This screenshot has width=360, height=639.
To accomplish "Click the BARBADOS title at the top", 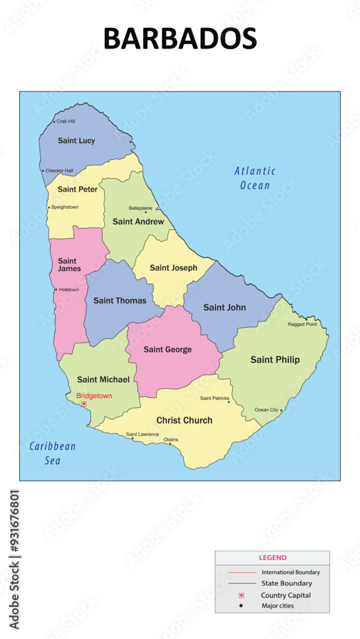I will point(180,38).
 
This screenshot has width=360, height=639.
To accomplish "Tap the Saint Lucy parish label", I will point(76,141).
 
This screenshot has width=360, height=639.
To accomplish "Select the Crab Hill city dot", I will point(54,121).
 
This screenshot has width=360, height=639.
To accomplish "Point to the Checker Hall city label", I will point(59,171).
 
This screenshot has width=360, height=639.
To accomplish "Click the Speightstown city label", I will point(65,207).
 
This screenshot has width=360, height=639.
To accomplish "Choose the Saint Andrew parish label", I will point(138,222).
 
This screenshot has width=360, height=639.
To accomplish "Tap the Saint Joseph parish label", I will point(173,268).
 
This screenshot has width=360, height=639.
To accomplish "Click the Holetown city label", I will point(68,289).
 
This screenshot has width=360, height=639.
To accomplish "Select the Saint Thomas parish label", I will point(120,300).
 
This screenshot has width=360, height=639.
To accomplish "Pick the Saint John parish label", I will point(224,307).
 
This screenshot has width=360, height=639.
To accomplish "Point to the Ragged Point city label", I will point(302,324).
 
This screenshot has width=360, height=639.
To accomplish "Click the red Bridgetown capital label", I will point(94,396).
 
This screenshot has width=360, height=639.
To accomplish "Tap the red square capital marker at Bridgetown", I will point(84,404).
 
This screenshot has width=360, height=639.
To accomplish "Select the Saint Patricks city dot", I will point(229,402).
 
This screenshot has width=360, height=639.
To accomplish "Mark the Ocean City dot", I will point(281,410).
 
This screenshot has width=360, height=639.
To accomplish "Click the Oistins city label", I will point(171,440).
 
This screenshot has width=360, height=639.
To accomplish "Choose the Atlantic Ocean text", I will point(254,178).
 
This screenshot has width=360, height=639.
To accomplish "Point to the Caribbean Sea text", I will point(52,453).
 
